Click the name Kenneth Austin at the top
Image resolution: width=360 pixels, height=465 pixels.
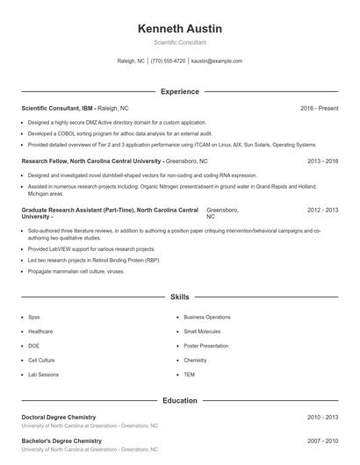180,29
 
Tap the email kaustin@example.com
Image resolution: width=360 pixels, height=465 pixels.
216,61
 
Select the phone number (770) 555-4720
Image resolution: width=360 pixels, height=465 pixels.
168,61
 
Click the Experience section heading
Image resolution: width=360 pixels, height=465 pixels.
180,91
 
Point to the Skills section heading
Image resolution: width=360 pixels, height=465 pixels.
180,297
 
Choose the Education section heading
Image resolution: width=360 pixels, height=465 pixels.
180,400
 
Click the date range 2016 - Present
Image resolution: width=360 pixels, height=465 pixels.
320,108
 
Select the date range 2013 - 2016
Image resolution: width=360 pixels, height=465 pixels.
323,161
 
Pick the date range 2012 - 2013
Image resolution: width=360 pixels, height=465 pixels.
323,211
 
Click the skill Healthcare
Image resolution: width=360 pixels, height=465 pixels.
40,332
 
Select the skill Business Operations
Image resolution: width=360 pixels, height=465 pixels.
207,317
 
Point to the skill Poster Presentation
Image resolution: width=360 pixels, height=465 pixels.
205,346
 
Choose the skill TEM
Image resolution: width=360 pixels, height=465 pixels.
190,375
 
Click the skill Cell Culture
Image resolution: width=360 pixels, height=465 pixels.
41,360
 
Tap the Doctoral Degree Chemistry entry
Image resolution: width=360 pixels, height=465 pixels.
58,417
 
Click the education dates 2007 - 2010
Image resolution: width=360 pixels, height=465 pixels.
323,440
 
